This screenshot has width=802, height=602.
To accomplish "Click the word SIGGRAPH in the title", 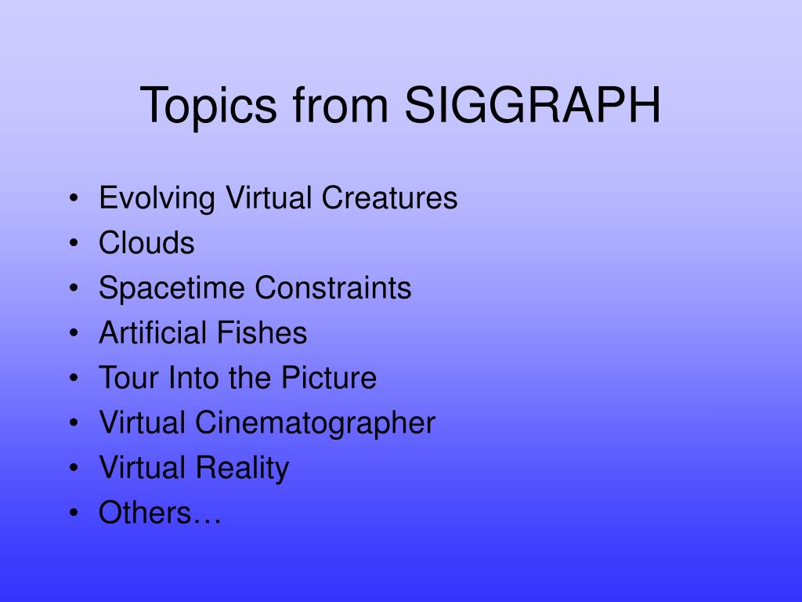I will click(533, 106).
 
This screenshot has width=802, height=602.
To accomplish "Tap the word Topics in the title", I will click(208, 106).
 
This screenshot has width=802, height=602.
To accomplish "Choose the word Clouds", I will click(146, 243).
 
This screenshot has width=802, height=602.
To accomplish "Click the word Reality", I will click(242, 469).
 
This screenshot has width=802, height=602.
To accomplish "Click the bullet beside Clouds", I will click(73, 245).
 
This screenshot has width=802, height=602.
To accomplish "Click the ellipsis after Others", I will click(207, 520).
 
